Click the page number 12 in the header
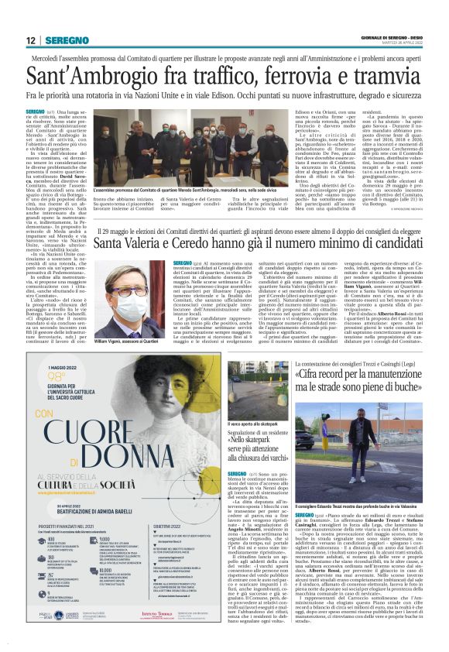click(30, 41)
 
